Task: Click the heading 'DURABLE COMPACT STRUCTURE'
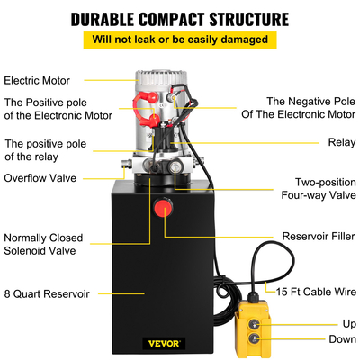point(180,17)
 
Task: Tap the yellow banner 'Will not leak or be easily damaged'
point(180,40)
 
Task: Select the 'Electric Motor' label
point(39,79)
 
